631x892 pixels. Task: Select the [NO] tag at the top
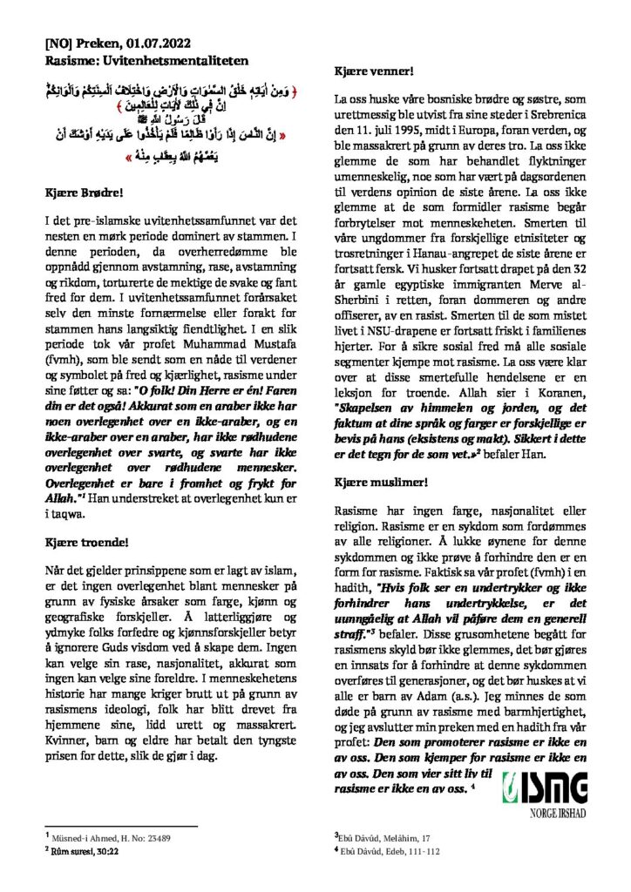58,42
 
